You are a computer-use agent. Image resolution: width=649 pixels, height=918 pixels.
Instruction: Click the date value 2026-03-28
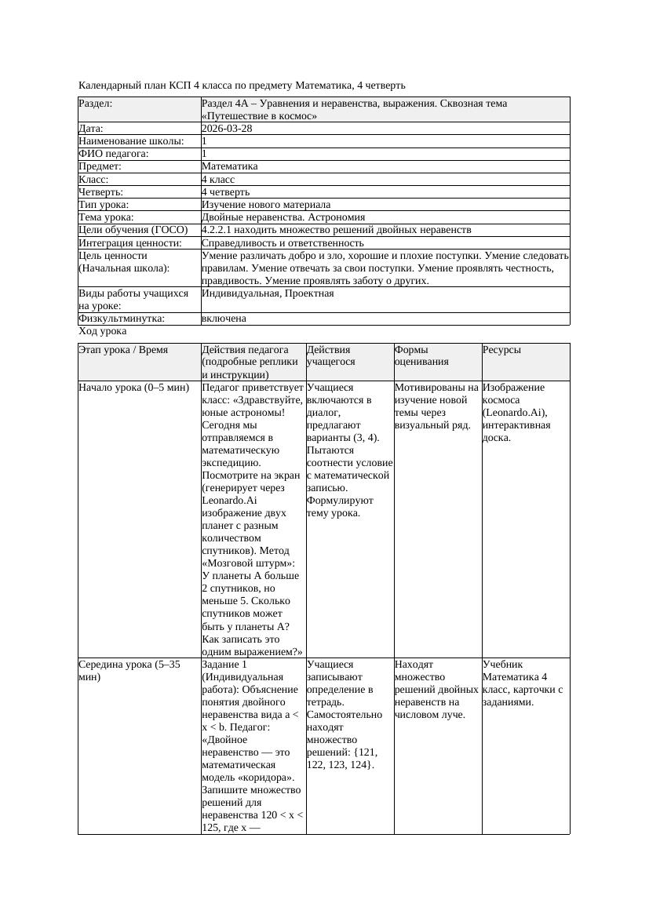coord(227,129)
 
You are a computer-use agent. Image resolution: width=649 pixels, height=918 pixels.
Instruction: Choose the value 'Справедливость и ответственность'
coord(283,243)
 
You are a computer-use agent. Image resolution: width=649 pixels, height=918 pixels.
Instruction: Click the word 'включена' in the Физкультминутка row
coord(224,319)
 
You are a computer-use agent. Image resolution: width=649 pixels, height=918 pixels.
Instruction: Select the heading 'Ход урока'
coord(103,331)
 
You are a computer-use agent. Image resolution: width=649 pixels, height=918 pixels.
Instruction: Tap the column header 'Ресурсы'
coord(501,350)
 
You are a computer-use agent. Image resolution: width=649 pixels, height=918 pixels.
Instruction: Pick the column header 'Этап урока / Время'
coord(124,350)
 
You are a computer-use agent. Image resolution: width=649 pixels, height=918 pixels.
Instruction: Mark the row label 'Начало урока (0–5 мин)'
coord(133,388)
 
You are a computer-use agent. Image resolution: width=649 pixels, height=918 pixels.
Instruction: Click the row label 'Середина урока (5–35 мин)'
coord(129,671)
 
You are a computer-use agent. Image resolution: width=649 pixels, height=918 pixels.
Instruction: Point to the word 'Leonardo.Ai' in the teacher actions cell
coord(228,501)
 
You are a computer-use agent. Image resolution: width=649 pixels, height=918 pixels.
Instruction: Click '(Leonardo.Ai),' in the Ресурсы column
coord(515,413)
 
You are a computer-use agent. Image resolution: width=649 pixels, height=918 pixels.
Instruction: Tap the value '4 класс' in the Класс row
coord(218,180)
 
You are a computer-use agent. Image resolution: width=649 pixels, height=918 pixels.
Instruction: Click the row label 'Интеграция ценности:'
coord(130,243)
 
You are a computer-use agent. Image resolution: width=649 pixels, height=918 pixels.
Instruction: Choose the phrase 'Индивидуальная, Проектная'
coord(268,293)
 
